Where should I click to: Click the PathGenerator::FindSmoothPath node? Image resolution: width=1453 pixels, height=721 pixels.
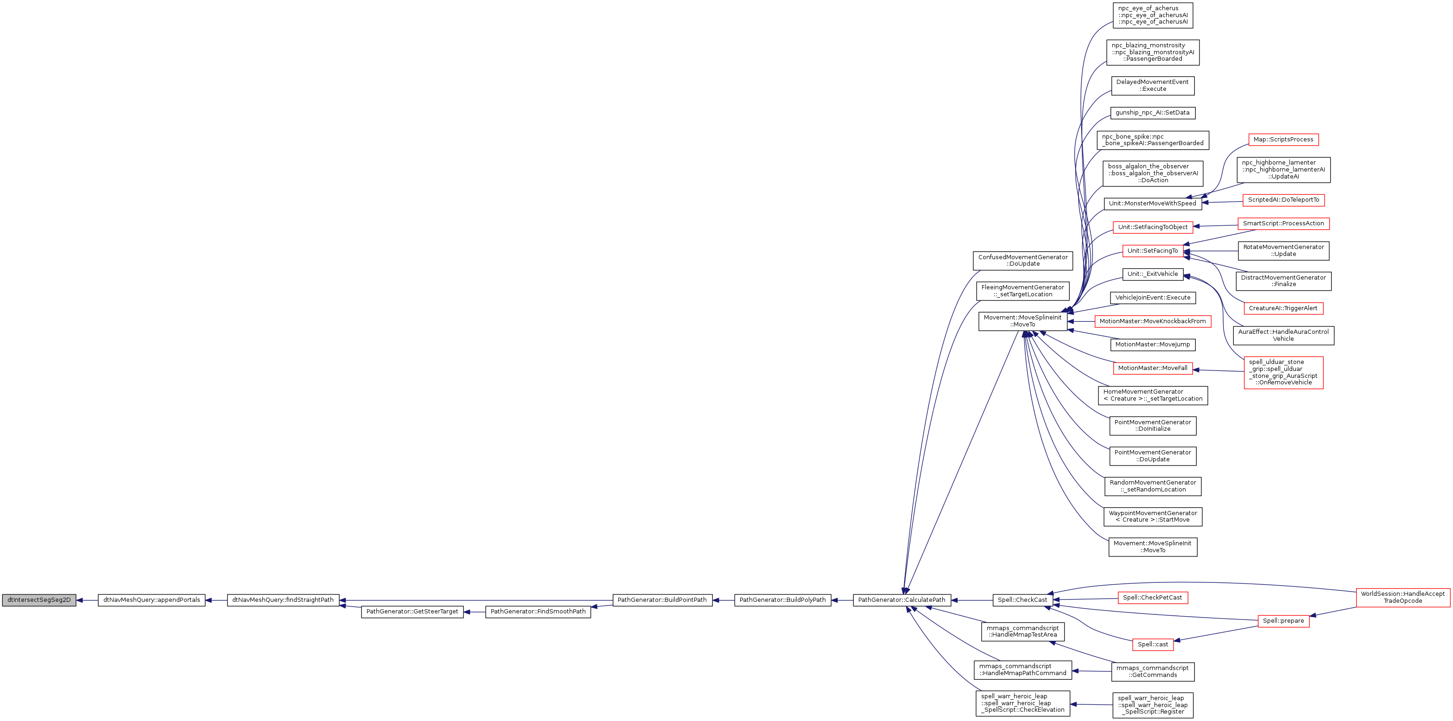tap(538, 612)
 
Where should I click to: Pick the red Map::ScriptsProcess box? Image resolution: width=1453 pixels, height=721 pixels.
tap(1283, 140)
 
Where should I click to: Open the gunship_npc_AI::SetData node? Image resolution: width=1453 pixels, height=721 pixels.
tap(1152, 113)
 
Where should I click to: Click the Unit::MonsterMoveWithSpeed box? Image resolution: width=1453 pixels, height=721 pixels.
tap(1152, 204)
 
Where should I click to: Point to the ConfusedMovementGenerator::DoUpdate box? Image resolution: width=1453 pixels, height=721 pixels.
tap(1022, 261)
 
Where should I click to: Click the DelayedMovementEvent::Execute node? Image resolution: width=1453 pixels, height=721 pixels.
tap(1152, 86)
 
